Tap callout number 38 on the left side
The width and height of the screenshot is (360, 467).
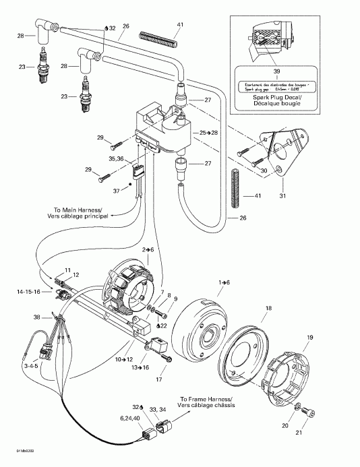[37, 317]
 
